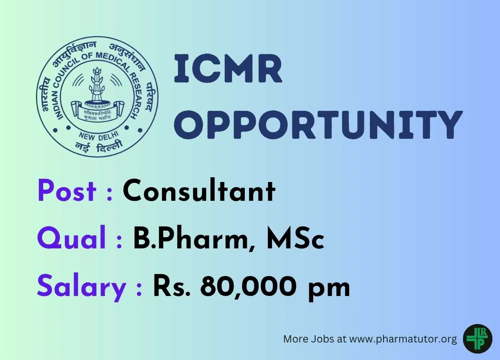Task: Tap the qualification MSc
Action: coord(295,238)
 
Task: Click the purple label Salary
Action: coord(82,288)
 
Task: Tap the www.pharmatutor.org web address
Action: coord(403,339)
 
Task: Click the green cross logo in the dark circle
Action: coord(478,339)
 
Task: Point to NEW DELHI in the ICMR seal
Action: coord(98,136)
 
